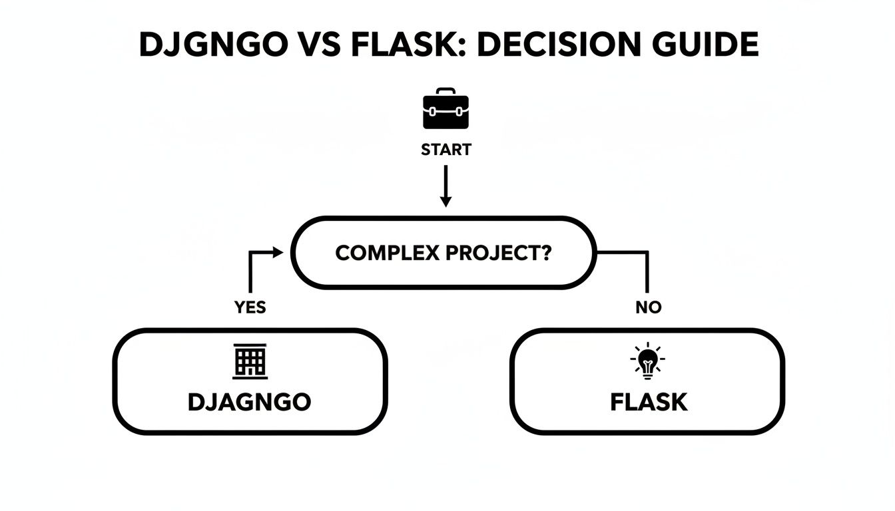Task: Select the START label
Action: coord(446,150)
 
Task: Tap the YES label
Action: coord(250,307)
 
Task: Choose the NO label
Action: coord(648,307)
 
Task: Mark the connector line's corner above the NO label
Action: coord(647,252)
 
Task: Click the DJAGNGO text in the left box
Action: coord(250,402)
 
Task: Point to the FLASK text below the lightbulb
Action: coord(648,402)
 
